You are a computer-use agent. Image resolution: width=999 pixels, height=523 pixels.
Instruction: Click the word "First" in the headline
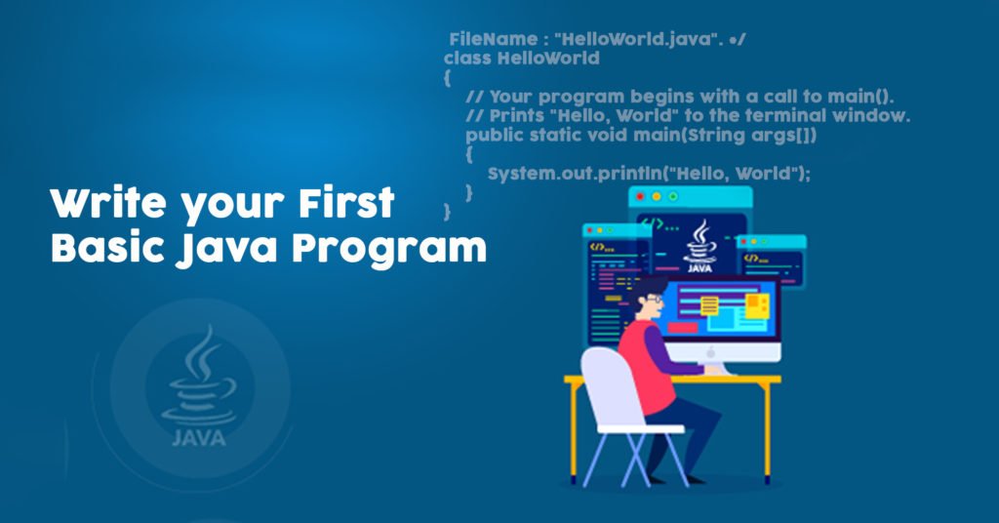click(x=346, y=203)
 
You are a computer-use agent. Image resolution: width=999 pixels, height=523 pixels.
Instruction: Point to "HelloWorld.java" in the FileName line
click(x=634, y=39)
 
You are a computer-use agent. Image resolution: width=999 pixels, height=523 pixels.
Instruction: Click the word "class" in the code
click(x=467, y=58)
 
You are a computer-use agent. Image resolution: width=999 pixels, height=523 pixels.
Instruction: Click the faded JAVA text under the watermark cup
click(x=198, y=438)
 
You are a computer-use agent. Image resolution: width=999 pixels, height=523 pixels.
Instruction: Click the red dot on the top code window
click(x=640, y=197)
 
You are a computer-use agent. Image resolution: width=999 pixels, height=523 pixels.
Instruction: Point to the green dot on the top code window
click(x=673, y=197)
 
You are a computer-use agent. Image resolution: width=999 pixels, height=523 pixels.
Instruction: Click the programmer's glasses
click(x=655, y=299)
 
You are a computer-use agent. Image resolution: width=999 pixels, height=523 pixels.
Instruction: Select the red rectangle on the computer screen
click(x=682, y=328)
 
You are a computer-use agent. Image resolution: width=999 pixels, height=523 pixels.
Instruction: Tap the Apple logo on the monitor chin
click(x=710, y=352)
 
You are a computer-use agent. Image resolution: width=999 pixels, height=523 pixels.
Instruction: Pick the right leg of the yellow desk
click(x=768, y=432)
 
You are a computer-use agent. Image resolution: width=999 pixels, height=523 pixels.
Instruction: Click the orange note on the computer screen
click(x=757, y=305)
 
